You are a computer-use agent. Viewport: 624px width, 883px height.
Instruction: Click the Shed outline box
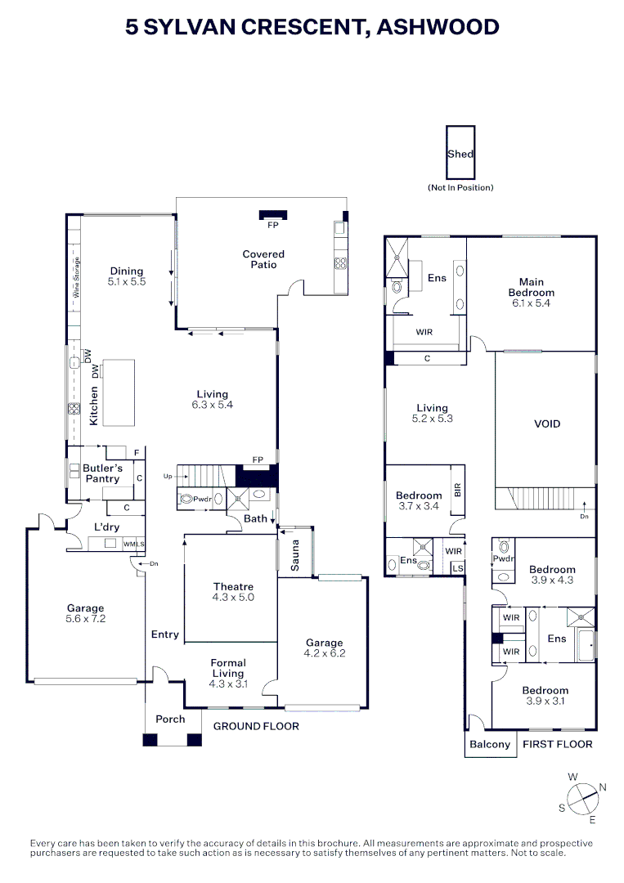coord(447,152)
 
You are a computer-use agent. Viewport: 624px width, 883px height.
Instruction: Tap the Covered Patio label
coord(263,260)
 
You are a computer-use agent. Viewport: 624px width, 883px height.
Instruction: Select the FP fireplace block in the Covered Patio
coord(273,215)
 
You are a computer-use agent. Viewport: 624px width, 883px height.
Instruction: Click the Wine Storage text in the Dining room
coord(77,277)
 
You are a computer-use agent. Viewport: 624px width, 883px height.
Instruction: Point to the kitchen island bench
coord(119,392)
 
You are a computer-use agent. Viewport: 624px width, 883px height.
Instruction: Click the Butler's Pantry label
coord(102,473)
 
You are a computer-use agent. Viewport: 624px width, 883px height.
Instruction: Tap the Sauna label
coord(295,556)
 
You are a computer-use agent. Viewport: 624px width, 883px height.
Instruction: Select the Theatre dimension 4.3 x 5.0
coord(233,598)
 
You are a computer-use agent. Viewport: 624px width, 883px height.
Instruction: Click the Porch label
coord(170,719)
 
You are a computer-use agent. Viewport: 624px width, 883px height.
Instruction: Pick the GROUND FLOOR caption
coord(256,727)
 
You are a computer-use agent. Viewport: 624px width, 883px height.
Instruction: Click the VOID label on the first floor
coord(547,424)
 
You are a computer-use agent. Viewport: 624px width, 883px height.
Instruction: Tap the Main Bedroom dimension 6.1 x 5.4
coord(531,303)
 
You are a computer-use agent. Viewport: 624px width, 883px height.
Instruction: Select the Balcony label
coord(490,745)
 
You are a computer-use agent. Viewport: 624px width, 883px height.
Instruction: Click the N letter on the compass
coord(603,787)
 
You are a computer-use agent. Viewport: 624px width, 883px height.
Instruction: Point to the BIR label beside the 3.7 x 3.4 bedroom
coord(457,490)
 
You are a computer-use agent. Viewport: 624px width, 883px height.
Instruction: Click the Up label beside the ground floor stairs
coord(168,477)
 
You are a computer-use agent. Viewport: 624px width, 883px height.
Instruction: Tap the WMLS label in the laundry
coord(134,544)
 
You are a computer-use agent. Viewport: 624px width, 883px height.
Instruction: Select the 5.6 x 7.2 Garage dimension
coord(86,619)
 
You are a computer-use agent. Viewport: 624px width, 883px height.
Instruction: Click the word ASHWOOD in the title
coord(438,27)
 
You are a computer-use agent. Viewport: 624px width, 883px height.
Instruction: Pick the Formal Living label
coord(228,668)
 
